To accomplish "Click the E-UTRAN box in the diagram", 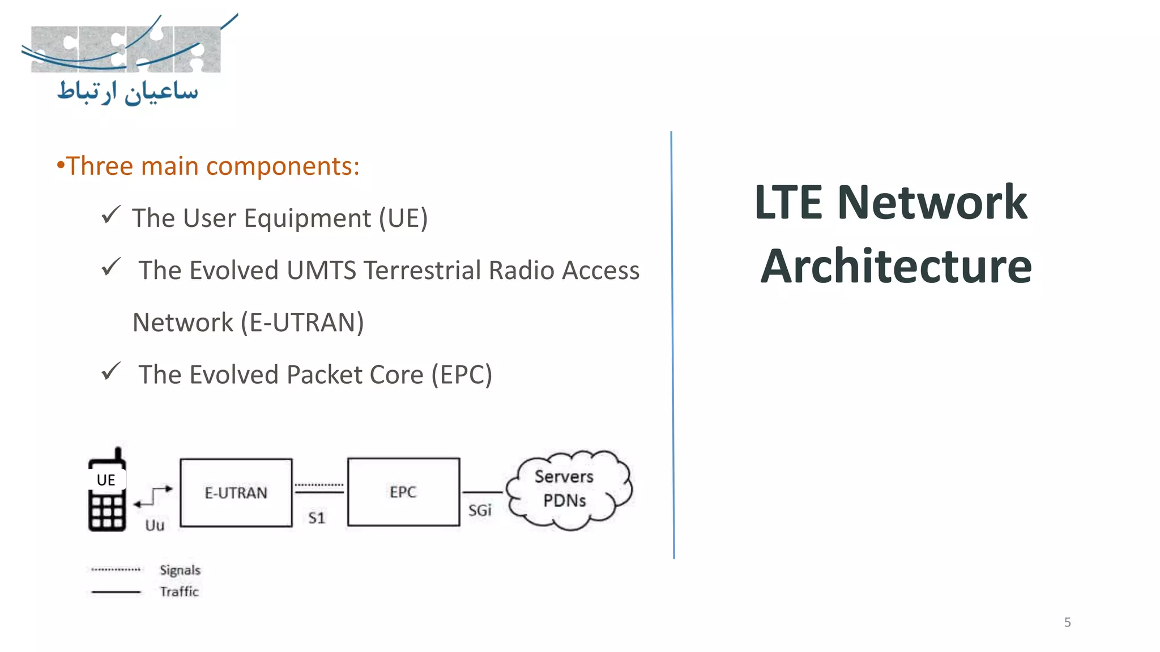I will point(236,492).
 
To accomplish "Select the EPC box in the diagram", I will point(403,492).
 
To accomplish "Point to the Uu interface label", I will point(155,525).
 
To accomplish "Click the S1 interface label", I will point(317,518).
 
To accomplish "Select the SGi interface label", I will point(480,511).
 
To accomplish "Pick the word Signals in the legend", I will point(180,570).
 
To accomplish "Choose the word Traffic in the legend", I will point(180,591).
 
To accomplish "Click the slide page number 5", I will point(1067,623).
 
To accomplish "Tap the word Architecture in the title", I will point(895,266).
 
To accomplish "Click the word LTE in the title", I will point(788,202).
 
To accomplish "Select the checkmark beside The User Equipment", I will point(110,215).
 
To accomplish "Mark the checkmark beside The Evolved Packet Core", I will point(110,372).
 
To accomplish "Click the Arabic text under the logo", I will point(128,92).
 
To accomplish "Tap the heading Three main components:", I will point(208,166).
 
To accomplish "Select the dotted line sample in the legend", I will point(116,569).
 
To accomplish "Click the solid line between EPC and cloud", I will point(482,492).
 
